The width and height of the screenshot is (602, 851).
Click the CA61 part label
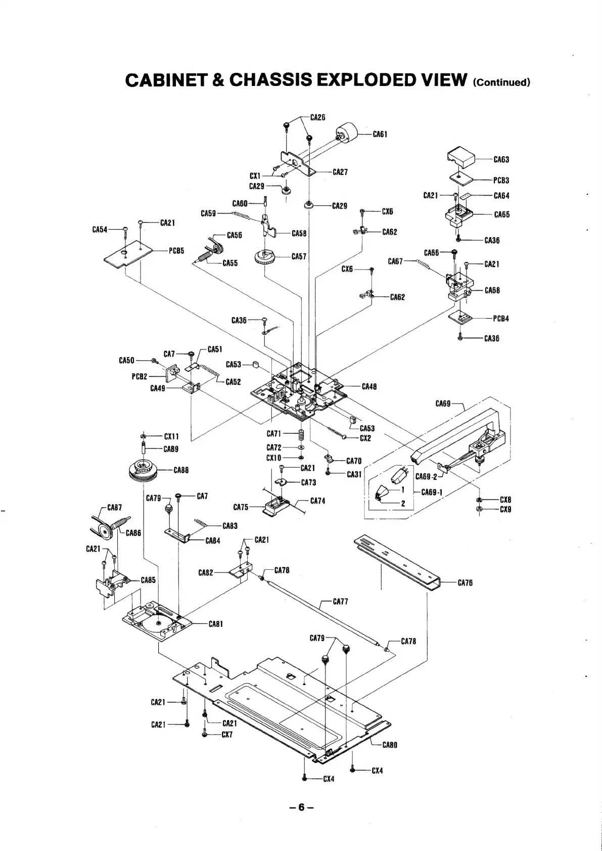click(x=380, y=134)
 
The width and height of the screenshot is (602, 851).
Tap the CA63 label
click(x=501, y=160)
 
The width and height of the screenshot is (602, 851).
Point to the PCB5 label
click(x=176, y=250)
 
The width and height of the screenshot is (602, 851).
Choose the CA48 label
click(x=369, y=387)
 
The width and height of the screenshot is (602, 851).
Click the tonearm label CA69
click(x=443, y=404)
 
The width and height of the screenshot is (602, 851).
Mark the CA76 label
click(x=465, y=583)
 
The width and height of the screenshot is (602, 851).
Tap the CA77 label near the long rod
click(x=340, y=602)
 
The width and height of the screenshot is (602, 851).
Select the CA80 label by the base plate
click(x=390, y=744)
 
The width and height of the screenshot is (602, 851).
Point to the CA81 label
click(x=216, y=624)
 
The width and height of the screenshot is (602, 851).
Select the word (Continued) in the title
click(x=501, y=82)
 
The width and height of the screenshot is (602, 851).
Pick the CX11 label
click(x=171, y=436)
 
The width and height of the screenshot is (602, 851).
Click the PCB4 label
click(x=501, y=319)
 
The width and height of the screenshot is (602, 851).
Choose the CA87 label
click(x=115, y=507)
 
